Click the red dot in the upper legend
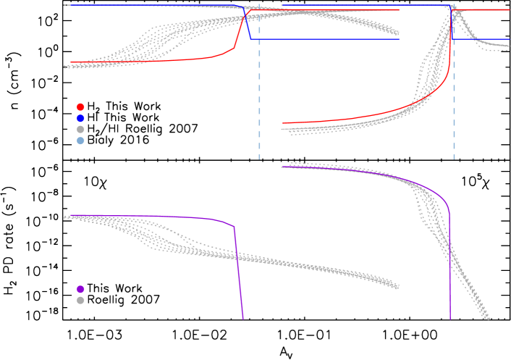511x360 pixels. click(80, 106)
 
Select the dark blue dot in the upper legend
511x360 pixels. click(80, 118)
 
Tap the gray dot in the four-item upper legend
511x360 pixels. click(80, 129)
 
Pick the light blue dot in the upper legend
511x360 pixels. click(80, 141)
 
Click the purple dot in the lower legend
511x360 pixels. click(80, 289)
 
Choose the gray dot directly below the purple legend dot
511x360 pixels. click(80, 300)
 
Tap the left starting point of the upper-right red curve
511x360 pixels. click(282, 123)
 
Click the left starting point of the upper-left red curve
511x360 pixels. click(71, 64)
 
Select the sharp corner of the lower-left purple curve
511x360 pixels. click(234, 227)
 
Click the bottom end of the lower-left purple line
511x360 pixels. click(243, 318)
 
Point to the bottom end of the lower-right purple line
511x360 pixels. click(450, 318)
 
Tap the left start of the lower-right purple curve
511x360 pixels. click(282, 167)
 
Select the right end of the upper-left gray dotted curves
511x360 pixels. click(397, 32)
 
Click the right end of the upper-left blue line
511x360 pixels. click(399, 39)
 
